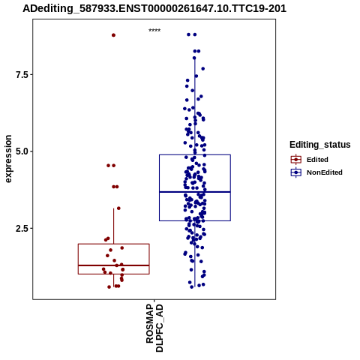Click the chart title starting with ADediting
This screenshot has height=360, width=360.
coord(154,9)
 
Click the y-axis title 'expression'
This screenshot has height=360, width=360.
coord(8,159)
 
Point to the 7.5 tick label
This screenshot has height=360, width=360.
coord(21,74)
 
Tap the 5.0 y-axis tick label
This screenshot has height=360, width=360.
coord(21,151)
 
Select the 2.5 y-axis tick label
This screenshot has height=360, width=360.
coord(21,228)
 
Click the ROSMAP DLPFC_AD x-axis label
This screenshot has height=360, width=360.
coord(154,328)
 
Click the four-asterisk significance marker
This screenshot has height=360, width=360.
coord(154,31)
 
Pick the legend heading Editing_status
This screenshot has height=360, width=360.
coord(320,145)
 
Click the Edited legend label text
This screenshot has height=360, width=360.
coord(317,160)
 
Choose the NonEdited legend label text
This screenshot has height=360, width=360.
coord(325,172)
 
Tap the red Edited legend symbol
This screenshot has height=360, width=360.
coord(296,160)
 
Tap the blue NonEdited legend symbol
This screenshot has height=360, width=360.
coord(296,172)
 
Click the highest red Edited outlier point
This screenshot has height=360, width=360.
coord(113,35)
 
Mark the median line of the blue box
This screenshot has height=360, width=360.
coord(195,192)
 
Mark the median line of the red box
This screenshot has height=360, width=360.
coord(114,265)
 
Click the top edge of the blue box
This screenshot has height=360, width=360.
coord(195,154)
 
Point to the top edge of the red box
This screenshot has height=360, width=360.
coord(114,244)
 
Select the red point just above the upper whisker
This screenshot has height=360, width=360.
coord(118,208)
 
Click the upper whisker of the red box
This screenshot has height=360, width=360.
coord(114,226)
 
